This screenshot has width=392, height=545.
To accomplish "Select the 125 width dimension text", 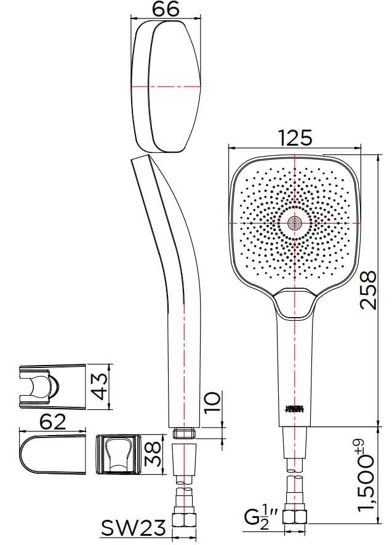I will pyautogui.click(x=295, y=137).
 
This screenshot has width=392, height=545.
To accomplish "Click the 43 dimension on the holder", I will pyautogui.click(x=100, y=385).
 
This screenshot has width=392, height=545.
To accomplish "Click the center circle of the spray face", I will pyautogui.click(x=295, y=222).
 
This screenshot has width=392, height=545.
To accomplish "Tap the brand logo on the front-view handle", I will pyautogui.click(x=295, y=407).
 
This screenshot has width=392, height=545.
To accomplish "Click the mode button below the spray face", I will pyautogui.click(x=295, y=302).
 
